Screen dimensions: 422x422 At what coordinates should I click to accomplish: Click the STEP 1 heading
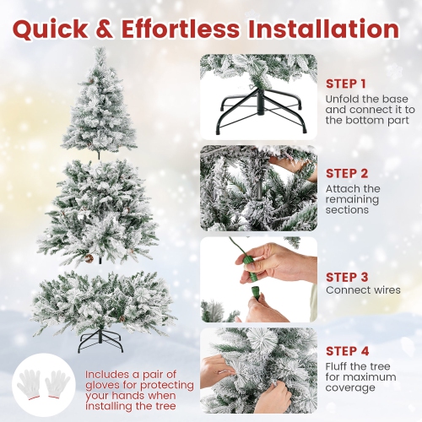coord(346,84)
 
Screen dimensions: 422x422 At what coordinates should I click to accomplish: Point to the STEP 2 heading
coord(346,175)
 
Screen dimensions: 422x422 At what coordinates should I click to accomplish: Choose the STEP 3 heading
coord(346,276)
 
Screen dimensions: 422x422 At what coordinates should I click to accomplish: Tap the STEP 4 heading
coord(346,351)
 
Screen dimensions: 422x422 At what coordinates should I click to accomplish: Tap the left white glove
coord(32,381)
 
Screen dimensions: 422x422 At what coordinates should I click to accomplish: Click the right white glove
coord(60,381)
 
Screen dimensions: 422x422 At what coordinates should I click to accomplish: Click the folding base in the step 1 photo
coord(257,113)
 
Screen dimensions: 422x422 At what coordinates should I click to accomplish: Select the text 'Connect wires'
coord(363,290)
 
